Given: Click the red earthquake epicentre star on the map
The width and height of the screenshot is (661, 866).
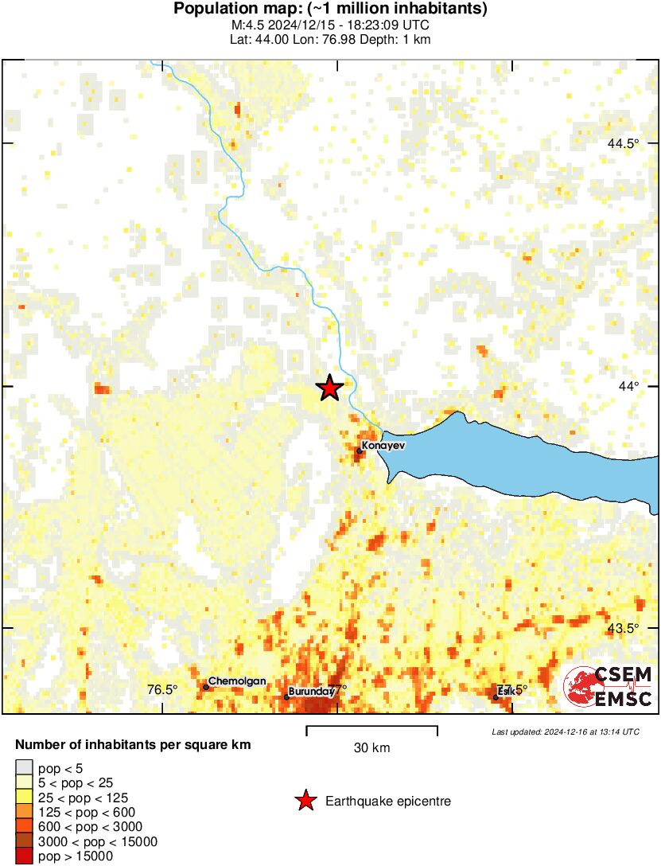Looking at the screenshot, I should point(329,388).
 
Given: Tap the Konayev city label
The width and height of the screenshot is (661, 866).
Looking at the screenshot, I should point(383,446).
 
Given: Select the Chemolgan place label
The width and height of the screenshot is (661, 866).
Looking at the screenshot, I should point(237,681).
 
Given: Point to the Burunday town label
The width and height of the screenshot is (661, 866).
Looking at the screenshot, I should point(311,692).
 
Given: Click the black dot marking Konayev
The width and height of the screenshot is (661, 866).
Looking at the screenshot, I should point(360,451).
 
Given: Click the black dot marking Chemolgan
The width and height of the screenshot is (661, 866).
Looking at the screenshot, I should point(206,687).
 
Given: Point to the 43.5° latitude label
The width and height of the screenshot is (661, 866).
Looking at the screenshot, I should point(623,628).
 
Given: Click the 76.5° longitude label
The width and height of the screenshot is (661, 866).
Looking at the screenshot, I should point(162,690).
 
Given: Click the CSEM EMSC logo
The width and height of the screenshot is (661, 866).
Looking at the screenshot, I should point(609,687).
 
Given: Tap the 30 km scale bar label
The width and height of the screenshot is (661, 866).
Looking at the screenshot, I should point(371,748).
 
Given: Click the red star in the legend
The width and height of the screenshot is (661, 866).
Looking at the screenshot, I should point(305,801).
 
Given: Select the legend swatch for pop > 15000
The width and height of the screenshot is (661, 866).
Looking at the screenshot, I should point(25,856).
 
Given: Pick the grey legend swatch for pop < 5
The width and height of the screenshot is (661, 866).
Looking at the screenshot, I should point(25,768).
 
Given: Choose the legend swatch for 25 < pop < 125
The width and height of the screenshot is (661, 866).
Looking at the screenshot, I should point(25,798).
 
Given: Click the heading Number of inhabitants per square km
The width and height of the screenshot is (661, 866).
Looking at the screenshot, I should point(134,746).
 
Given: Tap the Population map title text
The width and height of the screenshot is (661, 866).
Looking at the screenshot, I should point(330,10).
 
